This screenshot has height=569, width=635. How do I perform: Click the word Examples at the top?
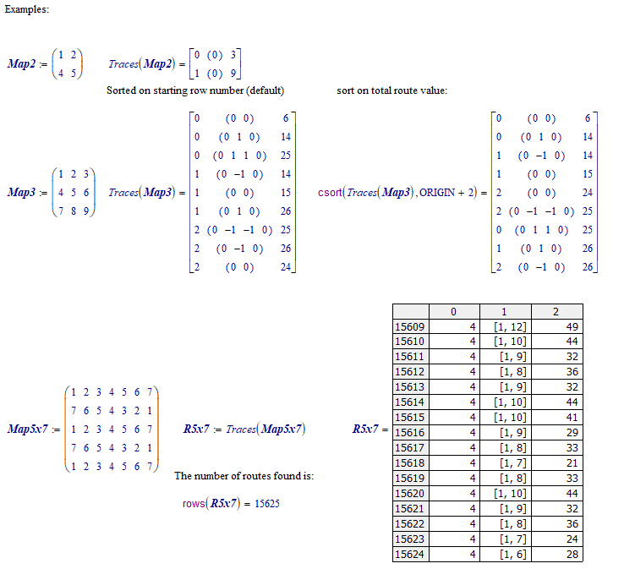(26, 8)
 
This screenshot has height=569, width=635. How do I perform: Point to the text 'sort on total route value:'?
(391, 90)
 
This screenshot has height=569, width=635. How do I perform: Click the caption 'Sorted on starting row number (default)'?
(195, 90)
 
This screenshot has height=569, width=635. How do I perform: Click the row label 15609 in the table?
(410, 326)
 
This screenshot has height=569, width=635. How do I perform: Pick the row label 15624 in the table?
(410, 554)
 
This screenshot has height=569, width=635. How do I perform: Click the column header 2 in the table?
(556, 312)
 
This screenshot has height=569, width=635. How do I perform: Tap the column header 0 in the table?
(453, 312)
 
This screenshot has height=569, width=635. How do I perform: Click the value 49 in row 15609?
(571, 326)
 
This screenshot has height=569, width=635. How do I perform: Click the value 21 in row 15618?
(571, 463)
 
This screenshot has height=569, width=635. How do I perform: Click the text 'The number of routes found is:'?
(244, 476)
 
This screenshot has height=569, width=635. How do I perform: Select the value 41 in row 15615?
(571, 418)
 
